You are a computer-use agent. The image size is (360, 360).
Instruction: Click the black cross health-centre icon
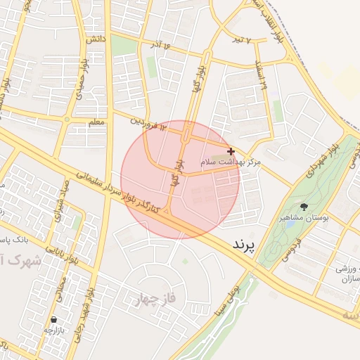[x=231, y=151]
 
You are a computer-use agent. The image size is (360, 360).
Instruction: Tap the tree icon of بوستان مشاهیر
[x=304, y=207]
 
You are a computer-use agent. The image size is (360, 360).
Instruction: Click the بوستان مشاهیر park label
[x=304, y=219]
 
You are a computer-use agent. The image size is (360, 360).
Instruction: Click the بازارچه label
[x=54, y=330]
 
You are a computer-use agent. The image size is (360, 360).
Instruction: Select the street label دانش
[x=96, y=40]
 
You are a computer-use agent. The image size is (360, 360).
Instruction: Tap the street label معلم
[x=97, y=123]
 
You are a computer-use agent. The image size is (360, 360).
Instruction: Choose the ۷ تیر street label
[x=242, y=39]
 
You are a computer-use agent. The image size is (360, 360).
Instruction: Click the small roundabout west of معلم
[x=67, y=120]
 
